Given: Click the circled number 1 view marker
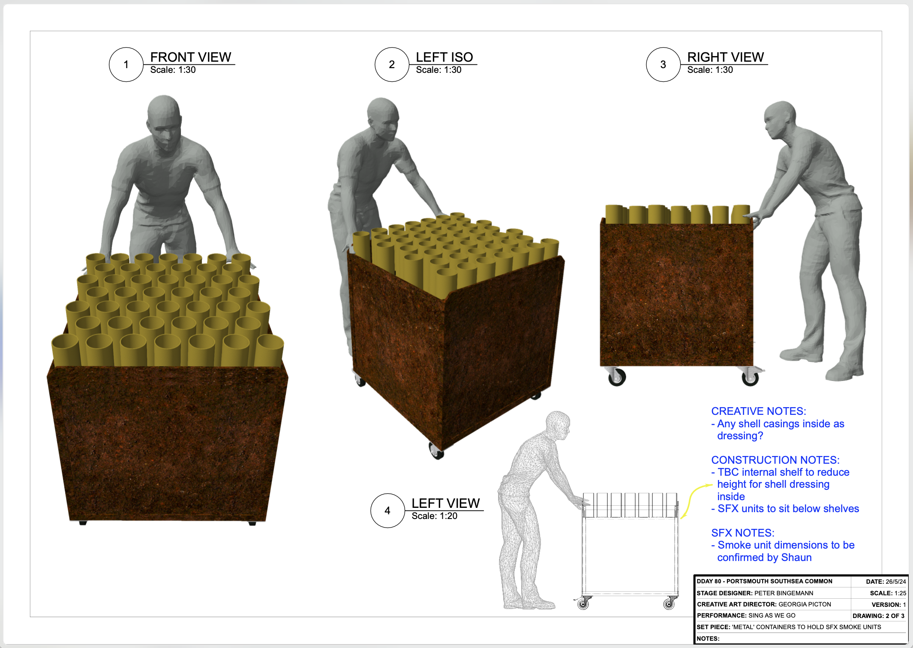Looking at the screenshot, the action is click(126, 65).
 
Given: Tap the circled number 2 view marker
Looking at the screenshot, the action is click(392, 65).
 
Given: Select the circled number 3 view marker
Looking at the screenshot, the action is click(663, 65).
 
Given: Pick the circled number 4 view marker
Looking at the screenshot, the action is click(387, 511).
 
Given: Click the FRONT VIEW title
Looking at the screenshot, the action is click(190, 57).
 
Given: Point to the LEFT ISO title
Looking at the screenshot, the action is click(444, 57).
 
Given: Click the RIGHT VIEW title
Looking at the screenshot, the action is click(725, 57).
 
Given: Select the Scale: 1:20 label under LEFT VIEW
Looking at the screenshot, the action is click(434, 516).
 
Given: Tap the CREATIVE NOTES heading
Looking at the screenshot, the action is click(758, 411).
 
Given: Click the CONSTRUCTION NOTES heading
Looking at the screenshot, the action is click(775, 460).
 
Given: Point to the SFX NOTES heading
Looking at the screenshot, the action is click(742, 533).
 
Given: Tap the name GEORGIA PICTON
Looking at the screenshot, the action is click(805, 604).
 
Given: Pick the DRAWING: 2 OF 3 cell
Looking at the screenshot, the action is click(878, 616).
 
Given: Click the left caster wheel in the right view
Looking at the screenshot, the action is click(617, 377).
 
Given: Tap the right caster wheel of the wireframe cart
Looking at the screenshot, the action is click(669, 604).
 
